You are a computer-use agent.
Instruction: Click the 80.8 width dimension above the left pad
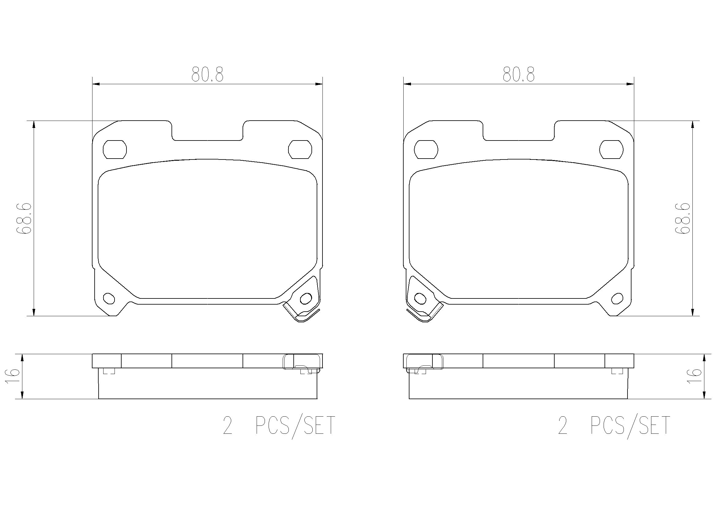[207, 74]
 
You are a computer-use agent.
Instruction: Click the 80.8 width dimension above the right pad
[518, 74]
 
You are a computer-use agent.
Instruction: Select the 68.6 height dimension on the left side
[24, 218]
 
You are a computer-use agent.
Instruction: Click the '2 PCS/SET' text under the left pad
[279, 425]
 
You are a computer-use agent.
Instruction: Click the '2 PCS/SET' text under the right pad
[614, 425]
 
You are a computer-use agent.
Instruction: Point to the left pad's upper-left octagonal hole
[115, 150]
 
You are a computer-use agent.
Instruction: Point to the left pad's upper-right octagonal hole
[300, 150]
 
